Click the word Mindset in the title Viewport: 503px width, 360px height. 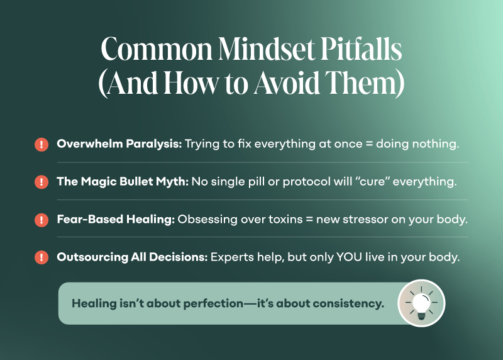point(267,48)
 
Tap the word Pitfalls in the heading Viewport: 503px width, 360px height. point(361,48)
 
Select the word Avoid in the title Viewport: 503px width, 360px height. point(287,82)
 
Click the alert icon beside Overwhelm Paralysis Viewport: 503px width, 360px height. point(41,144)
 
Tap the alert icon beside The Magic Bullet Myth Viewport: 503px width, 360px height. point(41,182)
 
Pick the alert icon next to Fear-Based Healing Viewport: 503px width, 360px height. point(41,220)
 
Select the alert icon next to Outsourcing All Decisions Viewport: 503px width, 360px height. point(41,257)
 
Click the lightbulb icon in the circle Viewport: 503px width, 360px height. point(421,303)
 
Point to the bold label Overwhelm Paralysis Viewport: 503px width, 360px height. point(119,144)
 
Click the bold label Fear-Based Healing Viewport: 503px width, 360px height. point(116,220)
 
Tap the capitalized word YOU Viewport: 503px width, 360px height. point(349,257)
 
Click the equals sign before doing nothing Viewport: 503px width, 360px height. point(369,144)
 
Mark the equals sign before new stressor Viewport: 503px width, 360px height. point(309,220)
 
